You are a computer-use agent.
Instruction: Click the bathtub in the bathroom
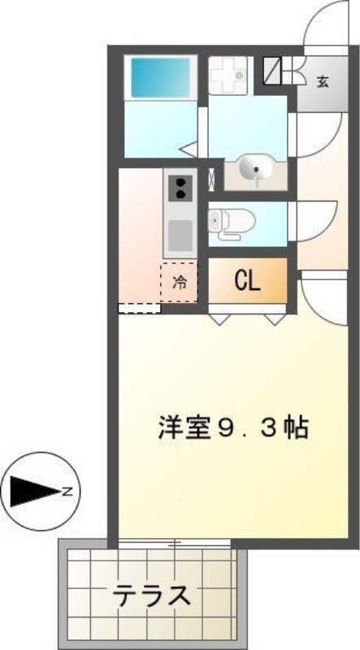click(161, 77)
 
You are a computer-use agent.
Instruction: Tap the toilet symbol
click(231, 224)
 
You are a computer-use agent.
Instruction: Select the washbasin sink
click(255, 167)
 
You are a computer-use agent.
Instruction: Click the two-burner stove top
click(180, 188)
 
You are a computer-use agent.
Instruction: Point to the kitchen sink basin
click(180, 235)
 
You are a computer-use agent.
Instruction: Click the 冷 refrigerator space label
click(179, 283)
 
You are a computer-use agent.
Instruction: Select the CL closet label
click(248, 282)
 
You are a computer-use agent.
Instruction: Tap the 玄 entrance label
click(323, 82)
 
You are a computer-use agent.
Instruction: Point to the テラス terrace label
click(152, 596)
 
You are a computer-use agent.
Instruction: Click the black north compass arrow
click(36, 492)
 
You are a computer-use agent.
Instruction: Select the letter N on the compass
click(67, 492)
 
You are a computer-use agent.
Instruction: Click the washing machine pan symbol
click(227, 76)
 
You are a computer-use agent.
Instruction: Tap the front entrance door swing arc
click(326, 24)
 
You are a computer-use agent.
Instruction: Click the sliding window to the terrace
click(174, 543)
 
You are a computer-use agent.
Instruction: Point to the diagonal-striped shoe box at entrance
click(272, 70)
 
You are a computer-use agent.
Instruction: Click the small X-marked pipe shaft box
click(211, 180)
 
